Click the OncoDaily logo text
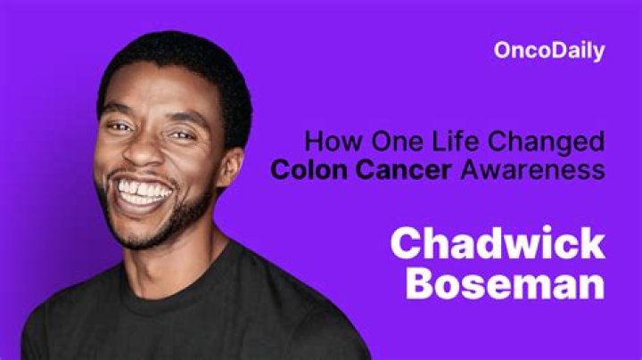[x=549, y=51]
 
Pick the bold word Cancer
[x=407, y=169]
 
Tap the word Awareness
[x=532, y=169]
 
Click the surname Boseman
[x=505, y=283]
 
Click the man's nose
[x=151, y=159]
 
